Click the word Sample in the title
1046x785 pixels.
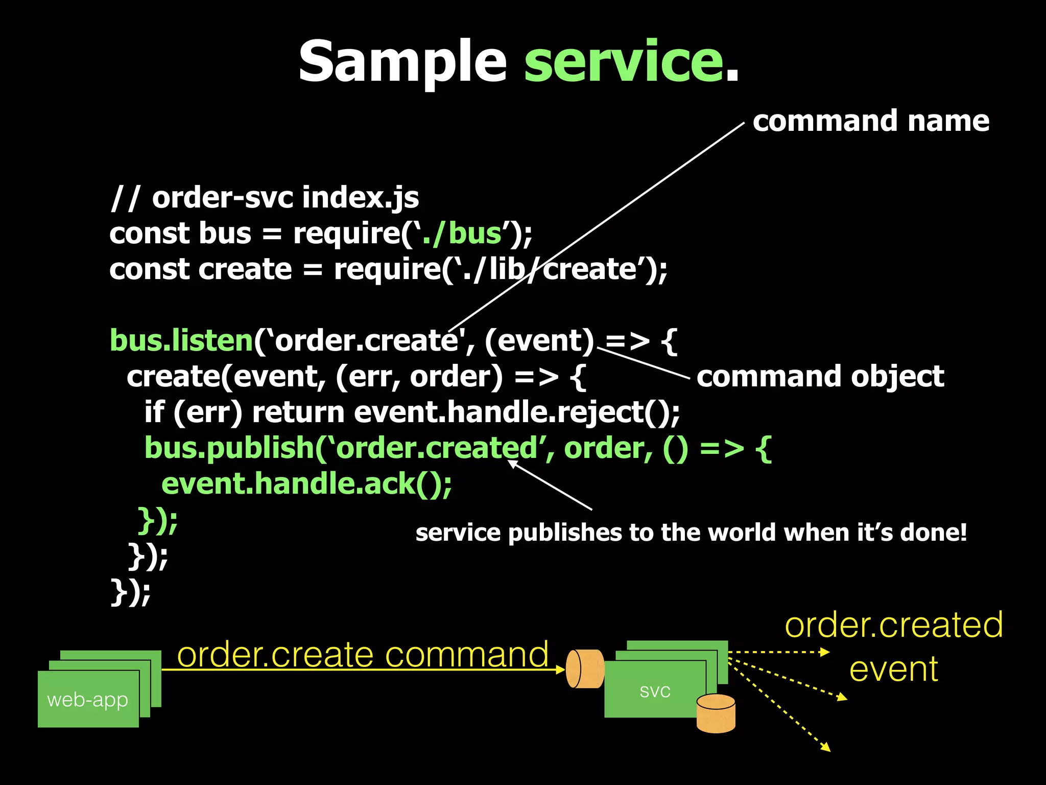pos(402,62)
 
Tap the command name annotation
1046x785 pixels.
pos(871,121)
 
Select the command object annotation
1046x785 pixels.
pos(820,377)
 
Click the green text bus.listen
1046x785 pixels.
pos(181,340)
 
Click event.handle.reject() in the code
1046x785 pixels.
pos(516,412)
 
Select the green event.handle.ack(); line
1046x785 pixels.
pos(306,483)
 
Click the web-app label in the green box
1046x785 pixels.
pos(87,699)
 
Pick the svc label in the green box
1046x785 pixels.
pos(655,690)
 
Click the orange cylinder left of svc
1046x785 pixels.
pos(585,669)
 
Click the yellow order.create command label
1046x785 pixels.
pos(363,655)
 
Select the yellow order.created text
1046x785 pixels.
pos(894,625)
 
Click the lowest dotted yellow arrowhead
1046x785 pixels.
pos(826,748)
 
